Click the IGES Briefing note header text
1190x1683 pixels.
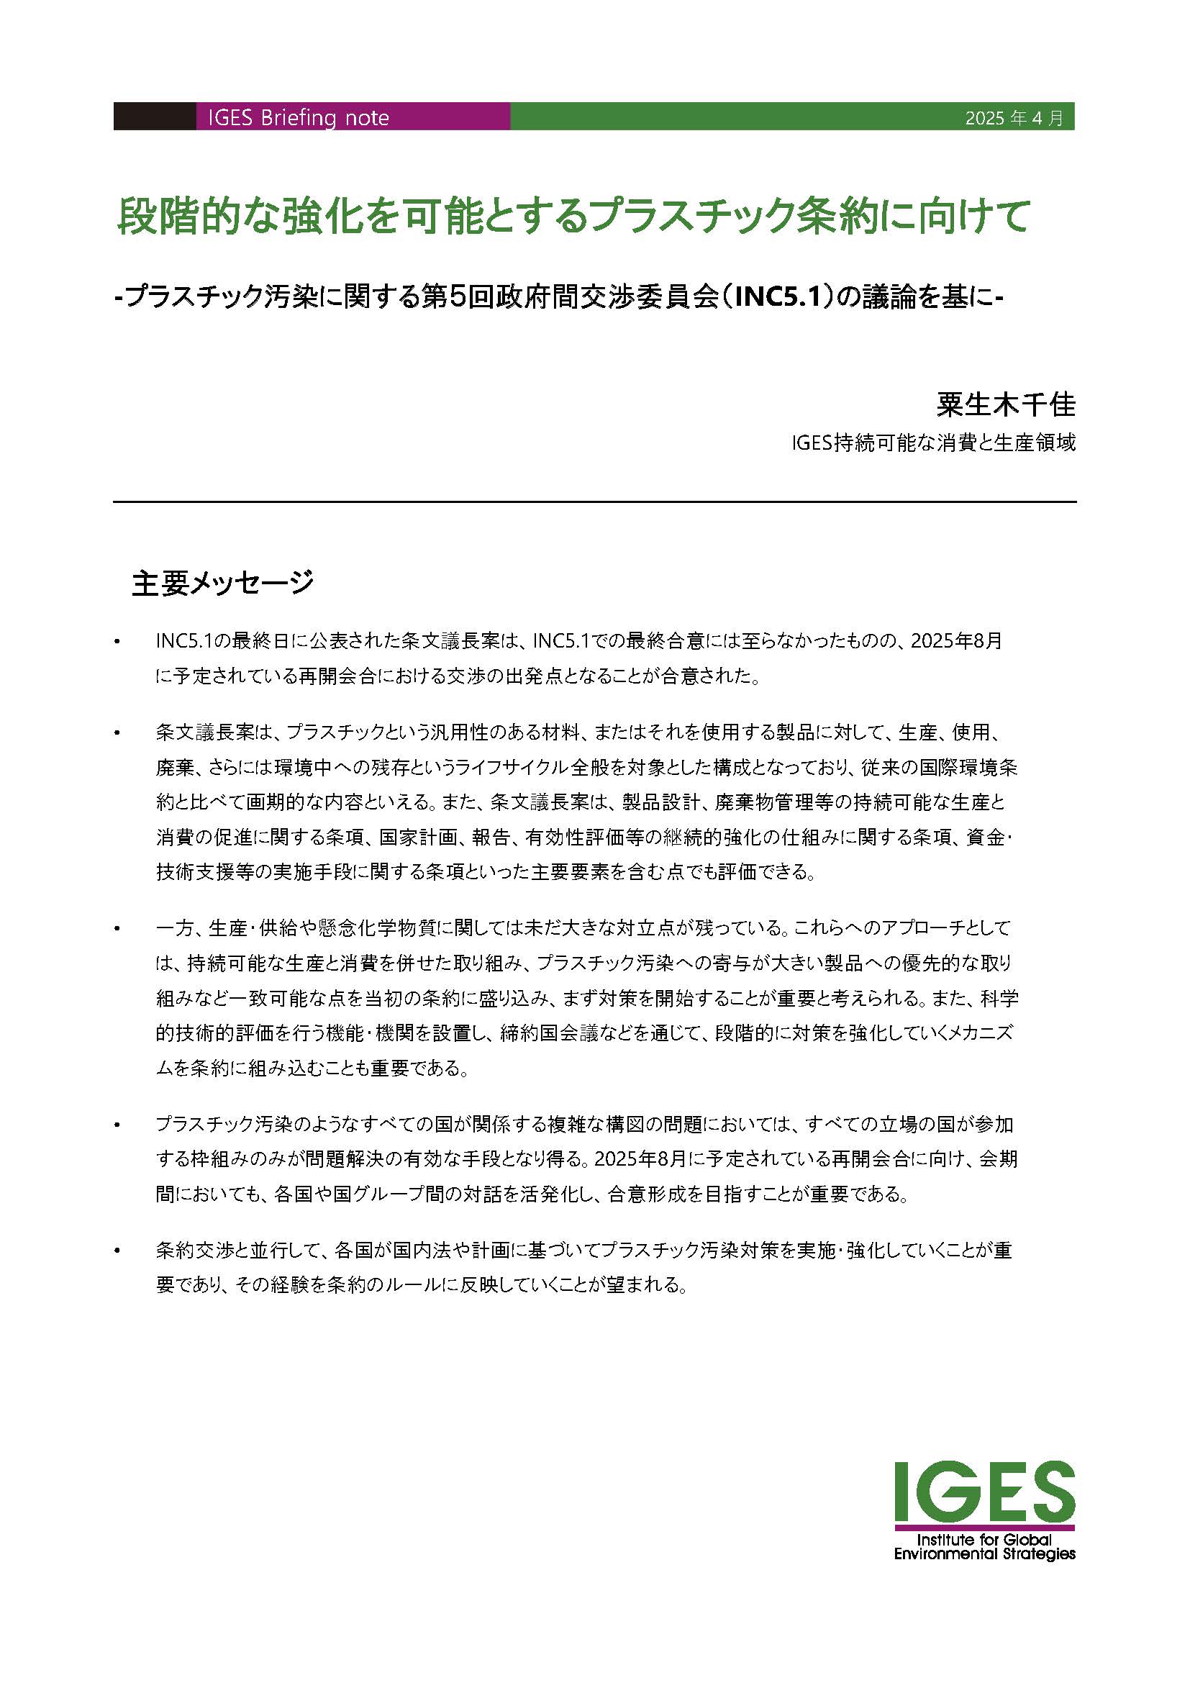point(299,118)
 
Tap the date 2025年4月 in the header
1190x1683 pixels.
point(1014,118)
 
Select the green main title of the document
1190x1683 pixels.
point(573,216)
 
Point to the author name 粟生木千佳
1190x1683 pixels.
point(1006,404)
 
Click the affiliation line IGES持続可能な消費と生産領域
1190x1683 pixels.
point(933,443)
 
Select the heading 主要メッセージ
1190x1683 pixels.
point(223,583)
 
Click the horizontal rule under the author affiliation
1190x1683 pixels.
point(594,502)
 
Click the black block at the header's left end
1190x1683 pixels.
point(155,117)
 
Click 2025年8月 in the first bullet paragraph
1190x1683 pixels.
point(956,641)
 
